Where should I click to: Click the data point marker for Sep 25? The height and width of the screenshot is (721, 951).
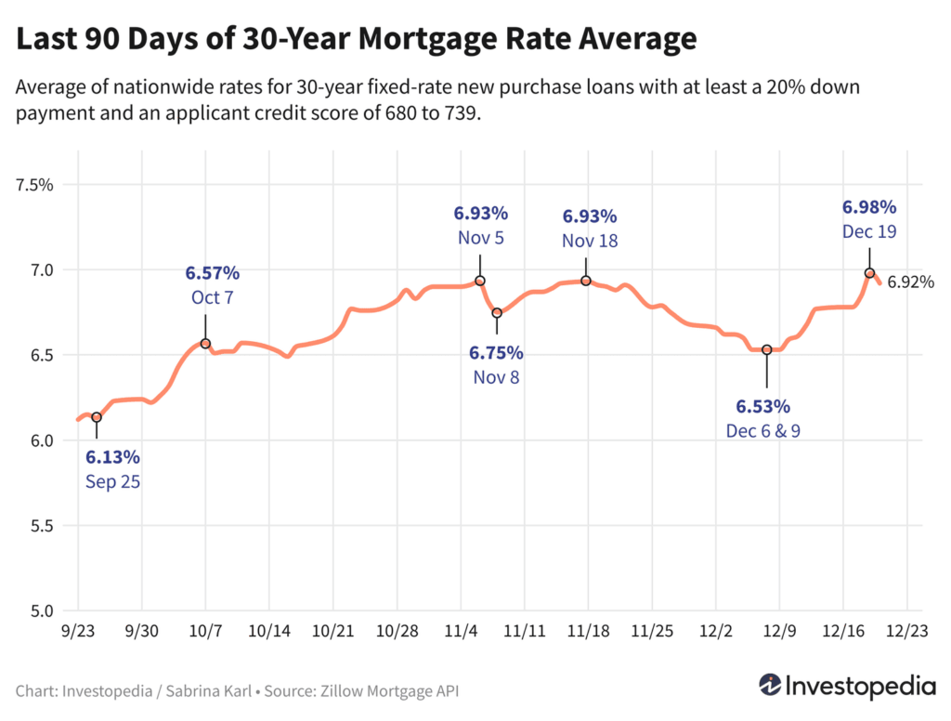point(97,417)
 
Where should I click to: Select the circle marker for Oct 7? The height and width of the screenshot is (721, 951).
point(205,344)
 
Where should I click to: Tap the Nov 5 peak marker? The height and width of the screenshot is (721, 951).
point(480,281)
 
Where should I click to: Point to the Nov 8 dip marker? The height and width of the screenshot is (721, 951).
point(497,313)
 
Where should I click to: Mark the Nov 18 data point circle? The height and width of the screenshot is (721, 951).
point(586,281)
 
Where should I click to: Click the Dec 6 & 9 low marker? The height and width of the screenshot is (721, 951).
point(767,349)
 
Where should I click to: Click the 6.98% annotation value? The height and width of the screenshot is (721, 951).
point(869,206)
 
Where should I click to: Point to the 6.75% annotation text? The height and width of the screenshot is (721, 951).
point(496,353)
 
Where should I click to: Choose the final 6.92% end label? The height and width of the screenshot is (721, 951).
point(910,282)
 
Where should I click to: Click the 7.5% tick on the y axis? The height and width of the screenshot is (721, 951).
point(35,184)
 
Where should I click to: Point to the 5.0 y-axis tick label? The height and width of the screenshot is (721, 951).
point(42,611)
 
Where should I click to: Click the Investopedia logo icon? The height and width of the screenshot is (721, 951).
point(769,686)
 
